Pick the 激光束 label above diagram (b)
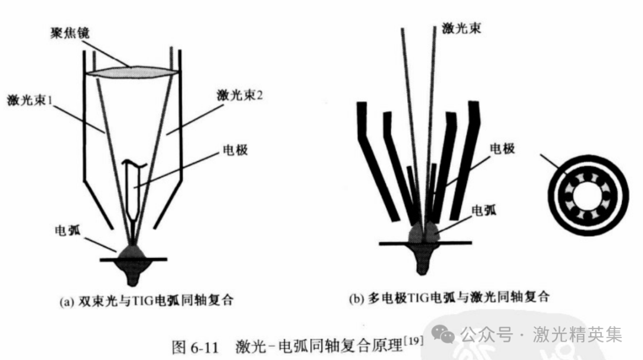point(461,28)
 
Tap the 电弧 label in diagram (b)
point(483,210)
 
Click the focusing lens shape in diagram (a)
point(132,71)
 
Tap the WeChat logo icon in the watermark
point(444,335)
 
